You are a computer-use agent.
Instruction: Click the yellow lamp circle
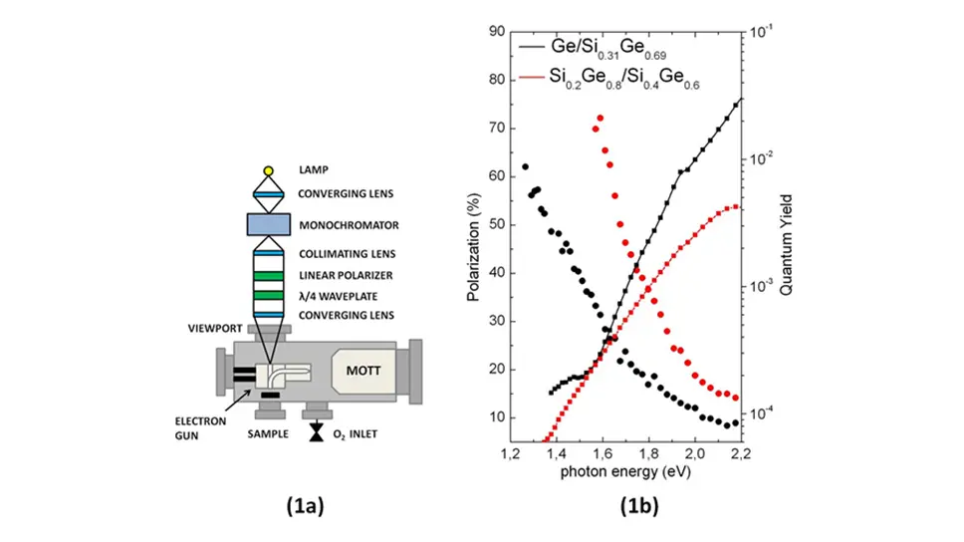(268, 170)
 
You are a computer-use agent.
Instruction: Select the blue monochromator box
(268, 225)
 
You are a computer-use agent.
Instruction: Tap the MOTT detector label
(364, 370)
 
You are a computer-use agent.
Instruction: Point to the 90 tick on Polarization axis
(490, 32)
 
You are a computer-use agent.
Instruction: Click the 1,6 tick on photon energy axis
(602, 454)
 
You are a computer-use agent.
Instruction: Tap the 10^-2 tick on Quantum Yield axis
(764, 158)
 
